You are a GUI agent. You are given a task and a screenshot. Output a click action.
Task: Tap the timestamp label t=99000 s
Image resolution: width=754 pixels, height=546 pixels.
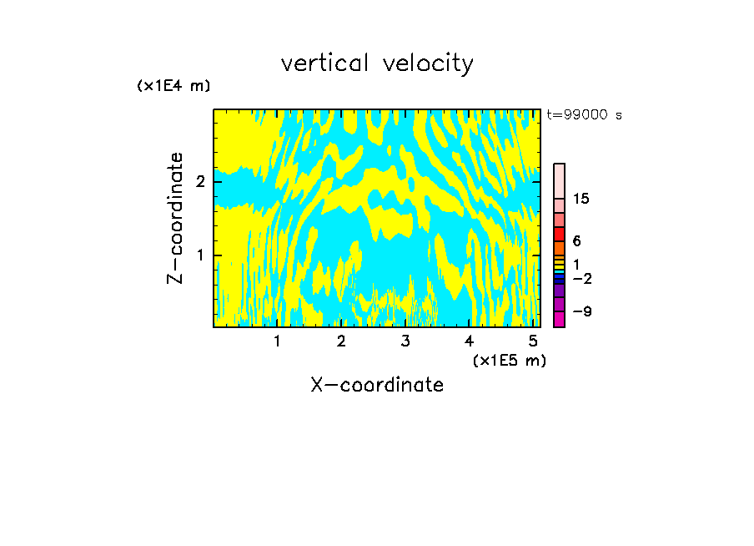pyautogui.click(x=584, y=115)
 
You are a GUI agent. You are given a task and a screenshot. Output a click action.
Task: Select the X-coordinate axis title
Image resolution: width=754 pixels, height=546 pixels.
pyautogui.click(x=377, y=385)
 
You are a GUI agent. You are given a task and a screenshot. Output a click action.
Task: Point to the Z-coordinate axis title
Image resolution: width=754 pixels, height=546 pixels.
pyautogui.click(x=175, y=218)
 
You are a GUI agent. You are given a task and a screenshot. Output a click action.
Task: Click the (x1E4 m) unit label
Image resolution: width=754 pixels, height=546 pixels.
pyautogui.click(x=173, y=86)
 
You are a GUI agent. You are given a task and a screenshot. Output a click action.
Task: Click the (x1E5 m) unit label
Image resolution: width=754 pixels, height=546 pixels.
pyautogui.click(x=509, y=360)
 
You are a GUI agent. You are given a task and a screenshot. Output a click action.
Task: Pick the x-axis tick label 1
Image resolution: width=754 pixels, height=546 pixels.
pyautogui.click(x=278, y=341)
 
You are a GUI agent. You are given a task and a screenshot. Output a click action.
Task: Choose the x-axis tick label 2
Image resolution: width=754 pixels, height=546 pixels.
pyautogui.click(x=341, y=341)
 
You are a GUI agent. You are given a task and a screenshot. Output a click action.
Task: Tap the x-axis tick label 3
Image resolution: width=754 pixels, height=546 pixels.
pyautogui.click(x=405, y=341)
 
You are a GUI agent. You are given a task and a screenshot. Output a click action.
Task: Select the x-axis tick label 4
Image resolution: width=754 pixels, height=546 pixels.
pyautogui.click(x=469, y=341)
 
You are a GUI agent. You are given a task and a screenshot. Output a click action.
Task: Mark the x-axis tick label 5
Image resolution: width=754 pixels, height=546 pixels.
pyautogui.click(x=533, y=341)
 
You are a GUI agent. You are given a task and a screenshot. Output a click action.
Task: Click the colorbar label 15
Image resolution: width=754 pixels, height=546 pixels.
pyautogui.click(x=581, y=199)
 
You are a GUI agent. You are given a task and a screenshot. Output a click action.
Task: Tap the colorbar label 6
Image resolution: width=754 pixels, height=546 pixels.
pyautogui.click(x=577, y=241)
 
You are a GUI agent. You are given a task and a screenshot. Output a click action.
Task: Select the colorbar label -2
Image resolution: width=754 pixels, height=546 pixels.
pyautogui.click(x=581, y=278)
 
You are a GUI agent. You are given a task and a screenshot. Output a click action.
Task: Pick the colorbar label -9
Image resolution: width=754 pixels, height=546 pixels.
pyautogui.click(x=581, y=311)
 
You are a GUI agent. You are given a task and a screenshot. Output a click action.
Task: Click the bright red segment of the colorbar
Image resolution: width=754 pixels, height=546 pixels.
pyautogui.click(x=559, y=235)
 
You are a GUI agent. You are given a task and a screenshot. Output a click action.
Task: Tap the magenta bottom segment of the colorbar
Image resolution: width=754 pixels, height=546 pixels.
pyautogui.click(x=559, y=319)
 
